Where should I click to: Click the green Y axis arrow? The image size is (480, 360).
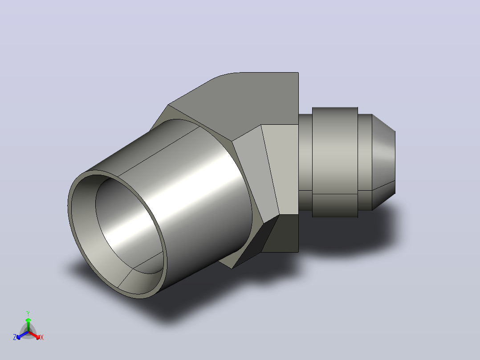pyautogui.click(x=28, y=324)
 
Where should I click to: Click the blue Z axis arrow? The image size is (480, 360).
pyautogui.click(x=22, y=335)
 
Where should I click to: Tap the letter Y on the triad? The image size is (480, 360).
pyautogui.click(x=28, y=314)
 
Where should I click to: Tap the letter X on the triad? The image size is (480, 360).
pyautogui.click(x=42, y=337)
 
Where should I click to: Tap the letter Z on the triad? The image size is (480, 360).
pyautogui.click(x=15, y=337)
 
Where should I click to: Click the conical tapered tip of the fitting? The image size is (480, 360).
pyautogui.click(x=383, y=162)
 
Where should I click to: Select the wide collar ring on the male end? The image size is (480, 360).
pyautogui.click(x=335, y=162)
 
